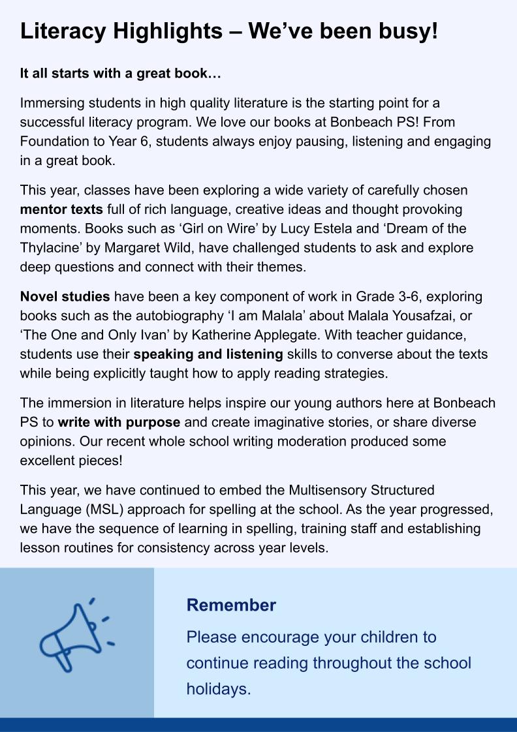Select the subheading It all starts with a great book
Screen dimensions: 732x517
pyautogui.click(x=121, y=73)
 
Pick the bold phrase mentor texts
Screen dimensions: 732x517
pyautogui.click(x=61, y=210)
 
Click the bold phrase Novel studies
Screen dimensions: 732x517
pyautogui.click(x=65, y=297)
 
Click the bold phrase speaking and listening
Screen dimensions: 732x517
pyautogui.click(x=208, y=355)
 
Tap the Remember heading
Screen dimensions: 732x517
pyautogui.click(x=231, y=605)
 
